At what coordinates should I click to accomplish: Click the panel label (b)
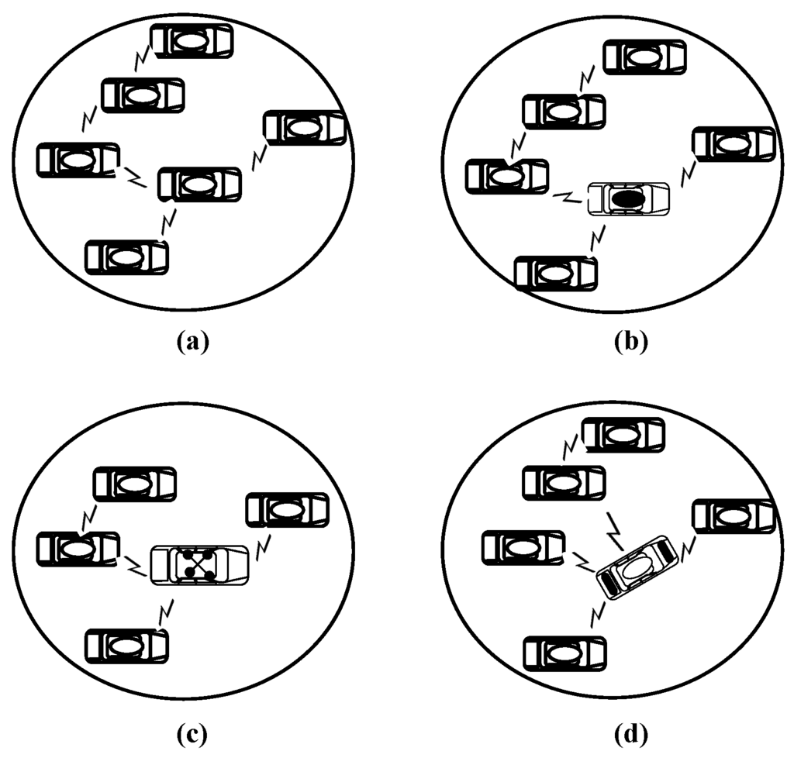pyautogui.click(x=627, y=341)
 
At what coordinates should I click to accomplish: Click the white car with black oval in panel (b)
pyautogui.click(x=629, y=199)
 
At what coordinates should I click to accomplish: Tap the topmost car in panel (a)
pyautogui.click(x=191, y=41)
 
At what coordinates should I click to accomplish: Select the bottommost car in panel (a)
pyautogui.click(x=126, y=257)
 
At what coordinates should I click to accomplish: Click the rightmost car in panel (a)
pyautogui.click(x=304, y=127)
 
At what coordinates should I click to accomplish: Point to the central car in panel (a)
pyautogui.click(x=199, y=184)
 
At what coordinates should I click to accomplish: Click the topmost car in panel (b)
pyautogui.click(x=644, y=57)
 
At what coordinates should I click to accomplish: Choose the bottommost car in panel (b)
pyautogui.click(x=556, y=273)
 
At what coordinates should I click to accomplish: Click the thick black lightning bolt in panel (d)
pyautogui.click(x=618, y=529)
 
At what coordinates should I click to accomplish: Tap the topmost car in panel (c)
pyautogui.click(x=134, y=484)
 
